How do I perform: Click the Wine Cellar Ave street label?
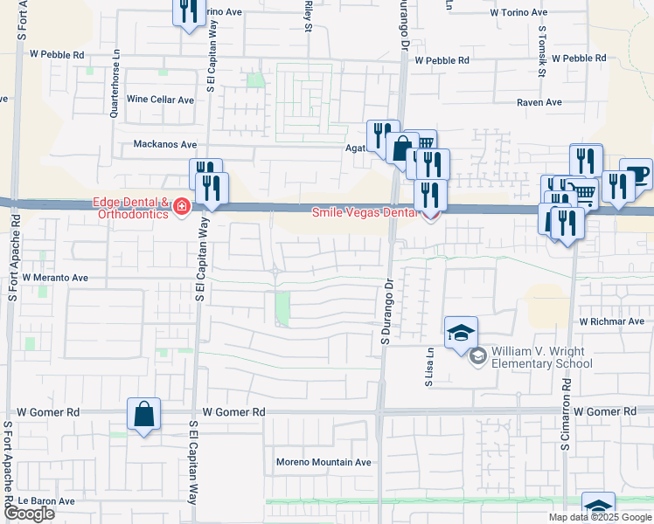click(161, 100)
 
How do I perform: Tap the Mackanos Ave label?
click(165, 144)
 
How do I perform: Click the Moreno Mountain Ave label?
click(324, 462)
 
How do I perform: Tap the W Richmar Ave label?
click(611, 321)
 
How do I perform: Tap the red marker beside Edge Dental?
click(182, 208)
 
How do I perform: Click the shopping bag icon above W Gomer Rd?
click(143, 414)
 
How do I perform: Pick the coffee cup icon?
click(636, 172)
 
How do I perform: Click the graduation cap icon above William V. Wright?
click(461, 333)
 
